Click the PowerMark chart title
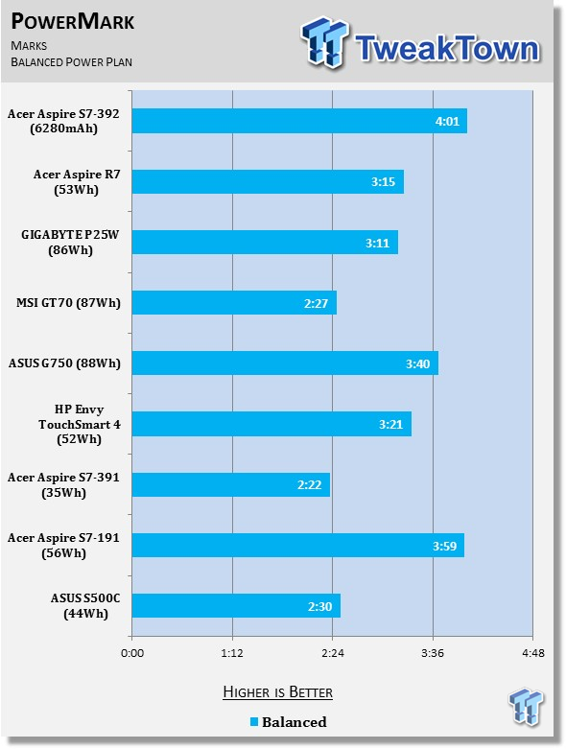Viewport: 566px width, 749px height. pos(73,21)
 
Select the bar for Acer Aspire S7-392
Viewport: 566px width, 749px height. pos(299,121)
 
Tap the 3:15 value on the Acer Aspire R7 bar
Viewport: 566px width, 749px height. pos(383,182)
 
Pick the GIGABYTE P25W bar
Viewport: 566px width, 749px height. pos(265,243)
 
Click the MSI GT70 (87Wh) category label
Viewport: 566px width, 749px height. pos(68,303)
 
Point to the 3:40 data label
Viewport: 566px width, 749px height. pos(418,364)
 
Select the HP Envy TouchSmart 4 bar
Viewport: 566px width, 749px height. pos(271,424)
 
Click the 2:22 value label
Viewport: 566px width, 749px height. pos(310,485)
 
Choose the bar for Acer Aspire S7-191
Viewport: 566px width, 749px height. pos(298,545)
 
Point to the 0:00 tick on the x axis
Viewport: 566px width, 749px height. pos(132,653)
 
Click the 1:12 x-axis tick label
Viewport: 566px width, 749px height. pos(232,653)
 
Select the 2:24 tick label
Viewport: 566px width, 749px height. pos(333,653)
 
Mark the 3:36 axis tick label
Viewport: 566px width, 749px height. pos(433,653)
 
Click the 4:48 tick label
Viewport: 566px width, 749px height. pos(533,653)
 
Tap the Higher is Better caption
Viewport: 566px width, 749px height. pos(278,692)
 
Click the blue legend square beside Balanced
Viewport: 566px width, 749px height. pos(254,722)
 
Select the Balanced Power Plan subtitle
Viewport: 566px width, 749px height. pos(72,62)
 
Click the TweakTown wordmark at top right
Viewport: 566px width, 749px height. pos(448,48)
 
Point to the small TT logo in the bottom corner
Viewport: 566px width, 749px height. pos(527,706)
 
